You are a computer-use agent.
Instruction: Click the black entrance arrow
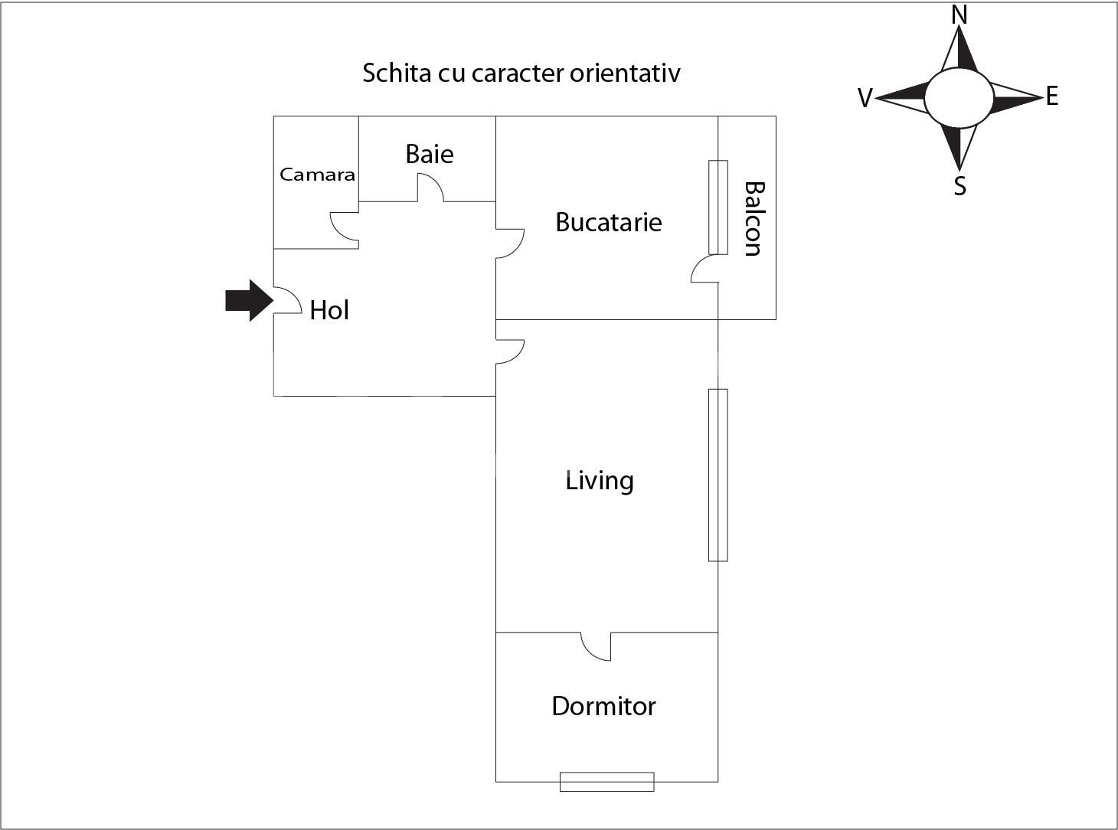249,301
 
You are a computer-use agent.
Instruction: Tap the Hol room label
329,310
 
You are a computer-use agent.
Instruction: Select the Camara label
317,175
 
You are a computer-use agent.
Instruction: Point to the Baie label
430,154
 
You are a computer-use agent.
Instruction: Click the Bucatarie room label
609,222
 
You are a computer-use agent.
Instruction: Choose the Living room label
600,481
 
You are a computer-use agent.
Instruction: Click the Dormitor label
603,706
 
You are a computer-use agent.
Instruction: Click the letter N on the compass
959,15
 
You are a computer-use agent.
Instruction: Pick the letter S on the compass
959,187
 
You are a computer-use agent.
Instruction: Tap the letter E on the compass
1052,96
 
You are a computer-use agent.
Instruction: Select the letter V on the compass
865,98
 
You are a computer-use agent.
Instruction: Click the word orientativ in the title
625,73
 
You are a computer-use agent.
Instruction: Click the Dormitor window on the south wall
607,782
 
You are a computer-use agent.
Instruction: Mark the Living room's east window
718,475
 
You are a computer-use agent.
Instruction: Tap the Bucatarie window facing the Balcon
718,207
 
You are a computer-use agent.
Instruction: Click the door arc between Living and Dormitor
596,646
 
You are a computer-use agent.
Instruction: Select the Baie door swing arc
430,188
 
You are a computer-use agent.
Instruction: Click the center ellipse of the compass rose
959,98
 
